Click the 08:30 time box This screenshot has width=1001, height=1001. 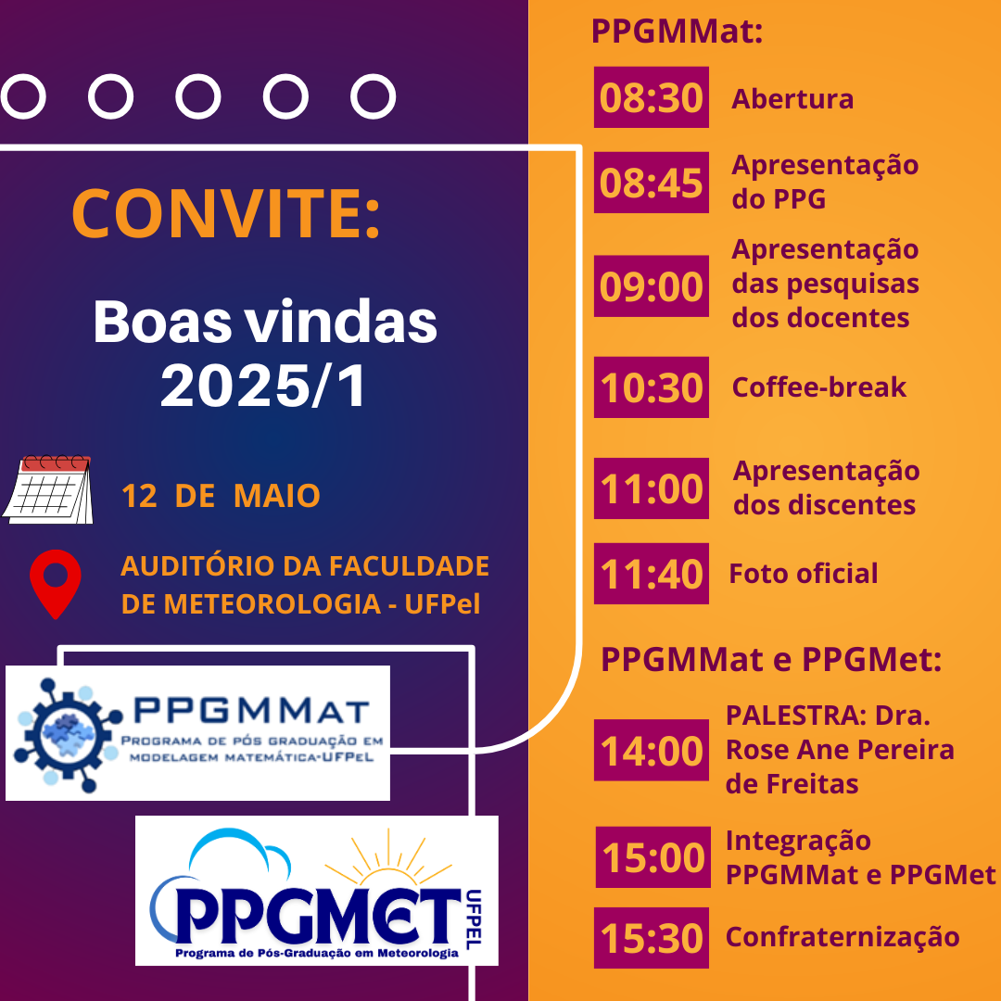click(x=652, y=97)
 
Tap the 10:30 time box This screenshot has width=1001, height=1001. click(x=652, y=386)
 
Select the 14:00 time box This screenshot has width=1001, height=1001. click(x=652, y=750)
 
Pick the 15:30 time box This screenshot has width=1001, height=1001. click(x=652, y=938)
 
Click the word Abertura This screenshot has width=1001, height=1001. click(x=792, y=99)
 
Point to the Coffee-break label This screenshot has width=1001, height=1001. click(x=819, y=386)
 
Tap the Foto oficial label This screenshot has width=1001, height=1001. click(x=803, y=574)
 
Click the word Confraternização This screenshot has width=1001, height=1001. click(x=843, y=937)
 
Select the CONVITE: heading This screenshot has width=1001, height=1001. click(x=226, y=213)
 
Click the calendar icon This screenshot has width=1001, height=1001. click(x=48, y=489)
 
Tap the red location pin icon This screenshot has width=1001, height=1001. click(x=56, y=584)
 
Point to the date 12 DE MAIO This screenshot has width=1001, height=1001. click(x=221, y=496)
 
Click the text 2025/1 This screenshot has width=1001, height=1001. click(x=263, y=386)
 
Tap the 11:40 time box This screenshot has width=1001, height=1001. click(x=652, y=574)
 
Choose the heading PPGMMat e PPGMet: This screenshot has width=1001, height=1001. click(x=771, y=660)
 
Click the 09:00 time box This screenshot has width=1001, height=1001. click(x=652, y=286)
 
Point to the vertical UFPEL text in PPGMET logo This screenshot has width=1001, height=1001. click(x=474, y=919)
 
